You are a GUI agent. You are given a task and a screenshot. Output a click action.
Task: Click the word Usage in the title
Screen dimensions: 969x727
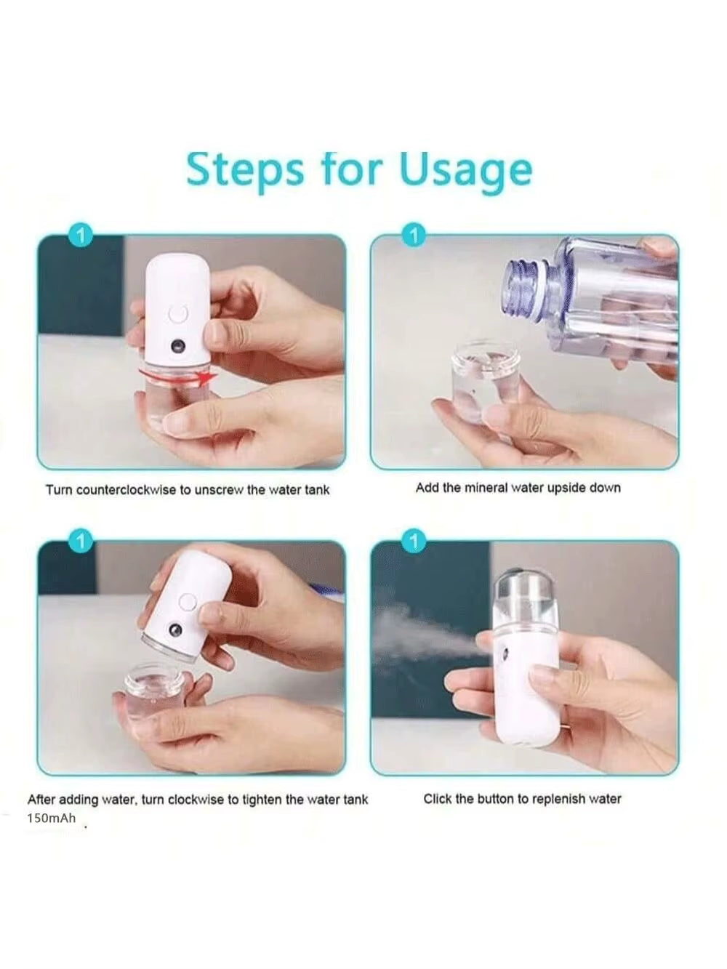(465, 170)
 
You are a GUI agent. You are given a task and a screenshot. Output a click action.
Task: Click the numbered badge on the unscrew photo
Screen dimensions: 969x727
(81, 236)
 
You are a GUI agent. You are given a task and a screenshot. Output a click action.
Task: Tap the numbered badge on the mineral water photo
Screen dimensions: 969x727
(414, 236)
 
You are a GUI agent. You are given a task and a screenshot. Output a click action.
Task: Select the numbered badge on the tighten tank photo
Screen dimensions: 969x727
(81, 542)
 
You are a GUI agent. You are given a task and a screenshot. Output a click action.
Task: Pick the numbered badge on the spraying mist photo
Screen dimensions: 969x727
(414, 542)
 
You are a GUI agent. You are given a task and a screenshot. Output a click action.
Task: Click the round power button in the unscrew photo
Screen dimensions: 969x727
(178, 314)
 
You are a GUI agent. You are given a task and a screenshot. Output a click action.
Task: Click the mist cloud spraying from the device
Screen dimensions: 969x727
(414, 632)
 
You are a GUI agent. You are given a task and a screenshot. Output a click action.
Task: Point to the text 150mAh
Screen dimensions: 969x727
(51, 818)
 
